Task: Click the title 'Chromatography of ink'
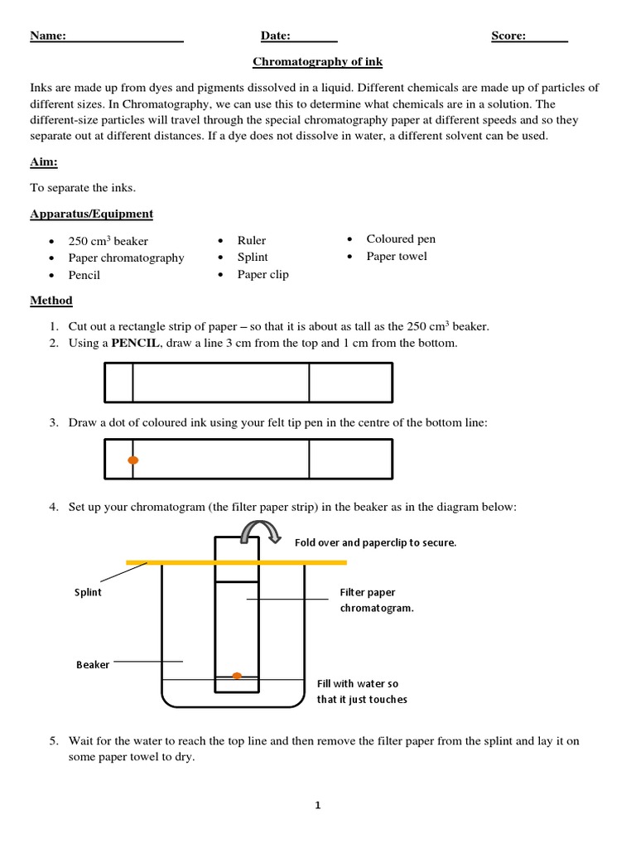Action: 317,62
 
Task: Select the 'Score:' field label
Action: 508,36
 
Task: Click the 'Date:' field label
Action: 276,36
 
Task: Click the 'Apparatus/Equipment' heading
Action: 91,214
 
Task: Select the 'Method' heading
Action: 51,301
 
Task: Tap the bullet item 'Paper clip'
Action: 263,275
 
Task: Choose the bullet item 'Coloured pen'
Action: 401,239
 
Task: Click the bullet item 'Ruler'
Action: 252,240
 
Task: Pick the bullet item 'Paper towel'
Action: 397,257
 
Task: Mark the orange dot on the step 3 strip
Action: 133,460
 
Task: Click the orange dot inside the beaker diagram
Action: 237,676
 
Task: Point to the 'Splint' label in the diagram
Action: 88,593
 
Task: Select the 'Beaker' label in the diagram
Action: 93,664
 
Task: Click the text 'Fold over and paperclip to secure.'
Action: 375,543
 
